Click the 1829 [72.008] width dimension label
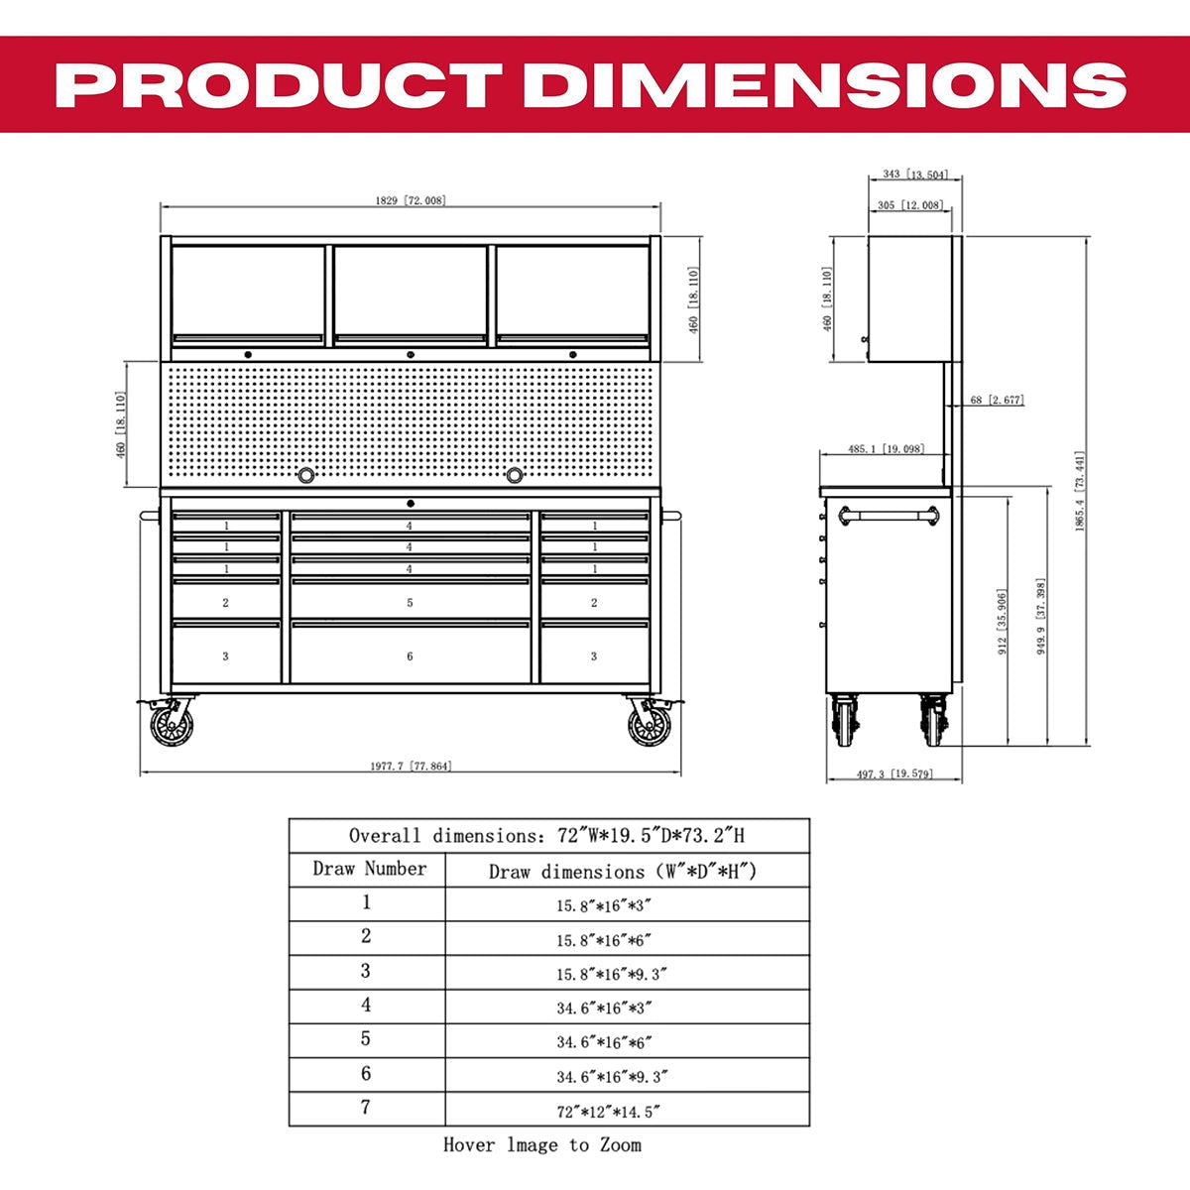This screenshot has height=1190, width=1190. (410, 200)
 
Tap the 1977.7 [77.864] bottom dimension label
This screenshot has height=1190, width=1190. (411, 766)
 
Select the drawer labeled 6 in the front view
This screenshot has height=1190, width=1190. (410, 654)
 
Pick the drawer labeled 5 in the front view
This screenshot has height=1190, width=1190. (410, 602)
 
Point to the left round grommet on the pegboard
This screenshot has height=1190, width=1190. (306, 475)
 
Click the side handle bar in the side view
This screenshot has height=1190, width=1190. (888, 514)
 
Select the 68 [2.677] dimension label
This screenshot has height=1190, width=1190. (995, 401)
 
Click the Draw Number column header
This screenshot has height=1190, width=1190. (368, 870)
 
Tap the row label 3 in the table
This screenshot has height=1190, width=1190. (367, 971)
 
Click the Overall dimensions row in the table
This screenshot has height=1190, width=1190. (547, 835)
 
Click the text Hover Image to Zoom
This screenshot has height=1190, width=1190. (541, 1145)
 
